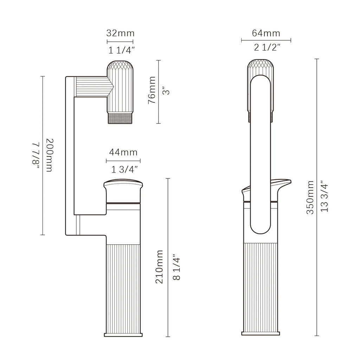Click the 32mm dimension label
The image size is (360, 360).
pyautogui.click(x=120, y=33)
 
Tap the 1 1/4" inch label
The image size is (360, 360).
pyautogui.click(x=120, y=50)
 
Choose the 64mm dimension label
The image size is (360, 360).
pyautogui.click(x=266, y=33)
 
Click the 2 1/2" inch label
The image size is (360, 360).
pyautogui.click(x=266, y=48)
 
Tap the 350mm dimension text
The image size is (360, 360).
pyautogui.click(x=310, y=198)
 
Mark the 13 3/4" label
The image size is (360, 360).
pyautogui.click(x=324, y=198)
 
